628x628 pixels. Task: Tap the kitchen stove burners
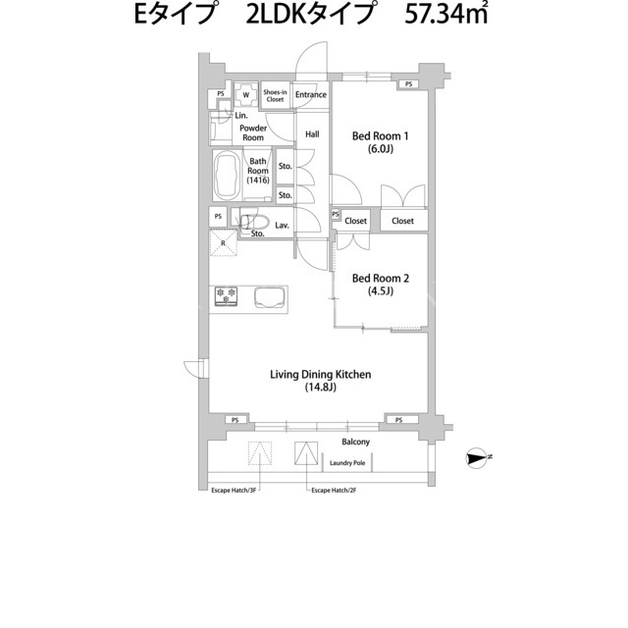227,296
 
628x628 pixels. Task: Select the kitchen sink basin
271,298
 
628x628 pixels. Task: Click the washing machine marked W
246,95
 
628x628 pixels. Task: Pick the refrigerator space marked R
223,242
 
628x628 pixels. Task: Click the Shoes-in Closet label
275,96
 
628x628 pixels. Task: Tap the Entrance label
311,95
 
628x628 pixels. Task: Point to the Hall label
312,134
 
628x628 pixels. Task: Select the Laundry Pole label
347,463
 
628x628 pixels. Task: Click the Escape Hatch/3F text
234,491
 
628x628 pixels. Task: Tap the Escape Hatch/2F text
334,491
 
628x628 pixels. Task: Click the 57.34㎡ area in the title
446,15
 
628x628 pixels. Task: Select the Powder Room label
253,133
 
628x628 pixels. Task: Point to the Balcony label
355,442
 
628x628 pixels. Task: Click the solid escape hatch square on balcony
306,453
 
